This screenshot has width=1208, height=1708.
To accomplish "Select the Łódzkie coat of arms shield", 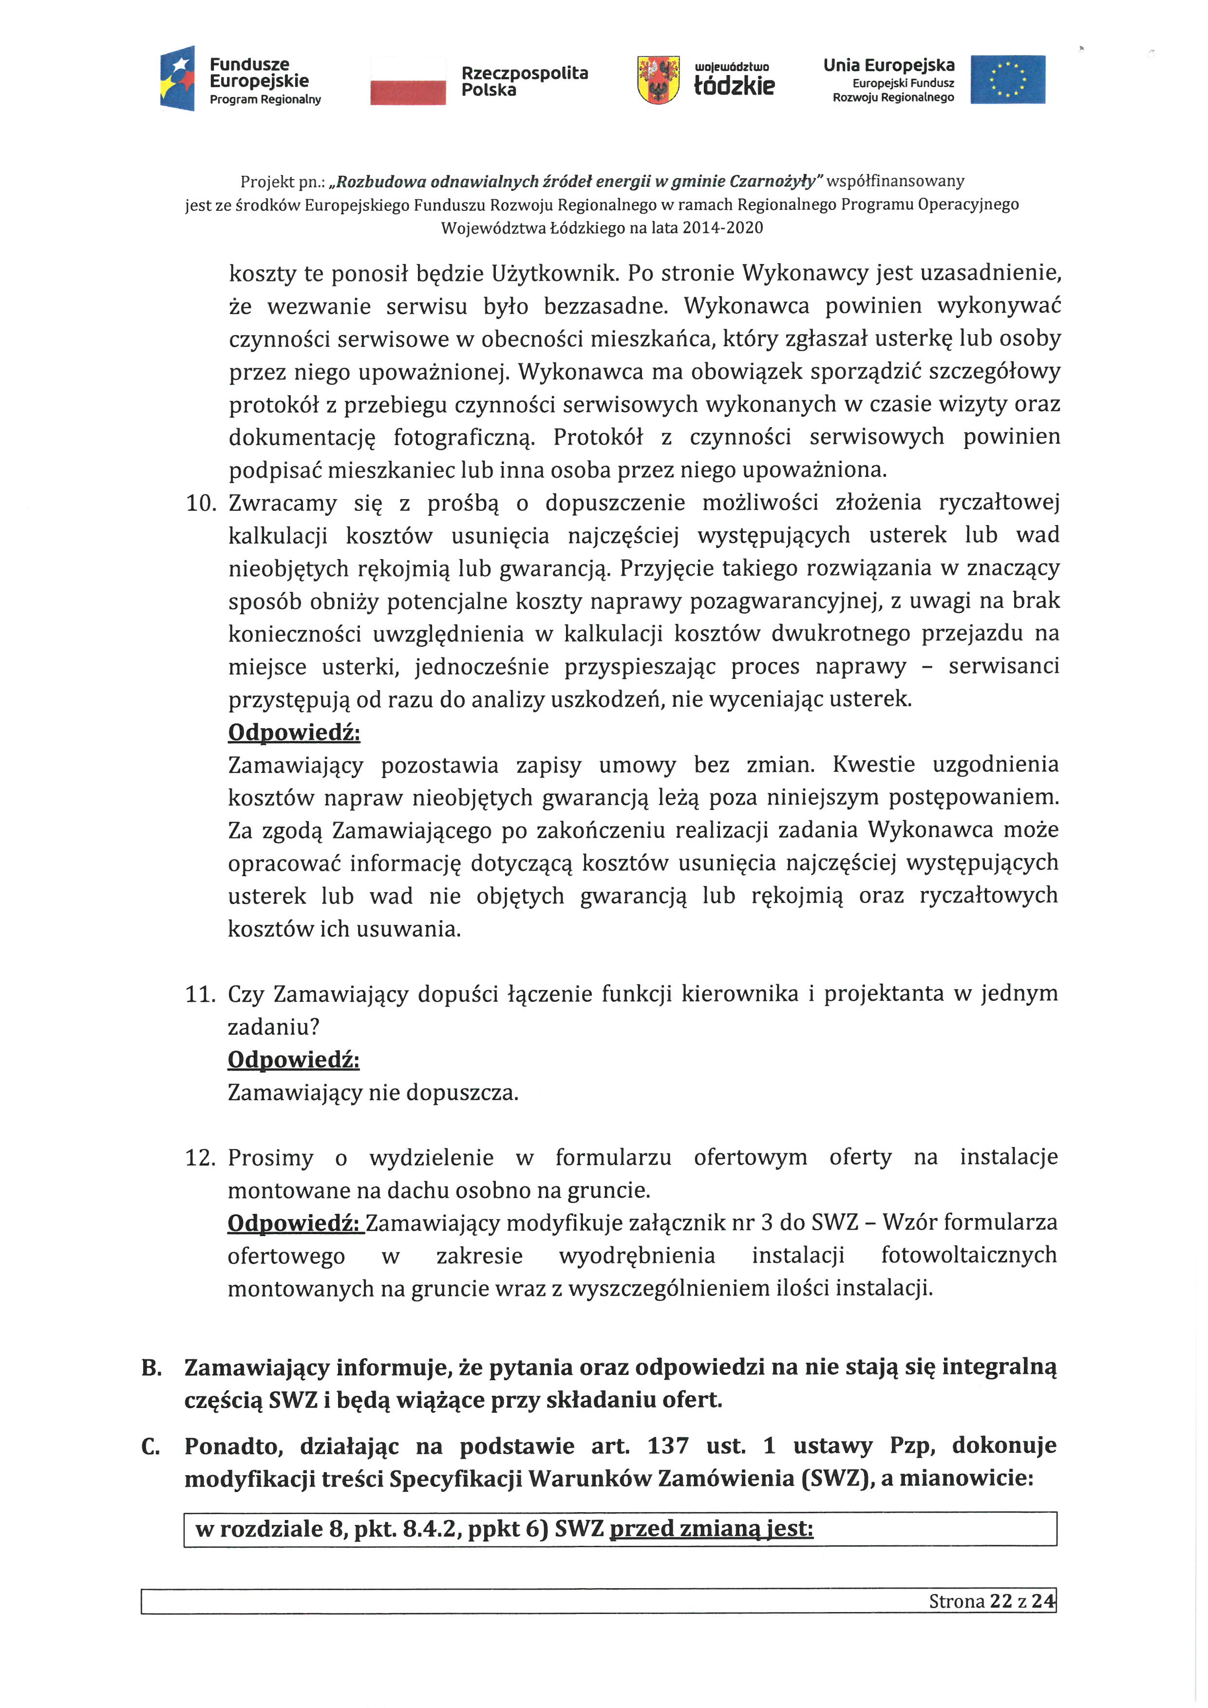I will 658,79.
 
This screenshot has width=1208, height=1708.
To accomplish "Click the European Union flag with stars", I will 1007,79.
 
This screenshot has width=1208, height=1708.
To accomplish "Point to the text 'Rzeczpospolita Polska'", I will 524,81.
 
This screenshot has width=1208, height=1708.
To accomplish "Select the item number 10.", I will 200,504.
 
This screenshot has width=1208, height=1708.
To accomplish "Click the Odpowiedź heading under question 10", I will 294,733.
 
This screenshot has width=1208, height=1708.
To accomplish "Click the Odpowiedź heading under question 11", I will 293,1060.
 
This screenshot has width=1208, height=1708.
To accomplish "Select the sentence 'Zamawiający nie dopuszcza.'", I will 373,1093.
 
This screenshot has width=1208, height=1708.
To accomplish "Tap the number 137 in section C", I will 667,1445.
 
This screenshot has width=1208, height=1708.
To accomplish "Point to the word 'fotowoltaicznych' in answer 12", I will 968,1256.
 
